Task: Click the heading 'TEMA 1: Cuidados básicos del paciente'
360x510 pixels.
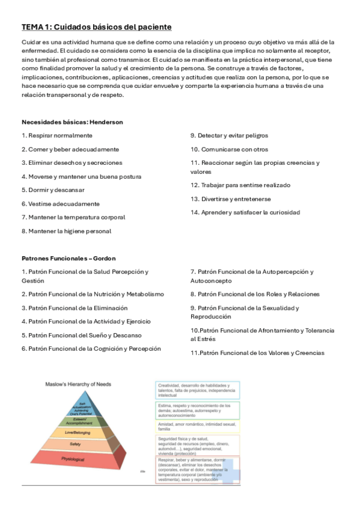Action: tap(97, 27)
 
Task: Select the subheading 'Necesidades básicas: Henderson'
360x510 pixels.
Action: tap(72, 122)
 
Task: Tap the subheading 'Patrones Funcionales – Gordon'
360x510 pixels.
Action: tap(68, 258)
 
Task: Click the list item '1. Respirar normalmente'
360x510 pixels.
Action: tap(57, 135)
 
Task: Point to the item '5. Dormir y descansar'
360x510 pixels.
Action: tap(53, 190)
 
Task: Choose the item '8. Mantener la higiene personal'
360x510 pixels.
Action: tap(66, 231)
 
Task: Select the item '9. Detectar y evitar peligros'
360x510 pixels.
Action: tap(229, 135)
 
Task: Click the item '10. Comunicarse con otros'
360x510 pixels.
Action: tap(229, 149)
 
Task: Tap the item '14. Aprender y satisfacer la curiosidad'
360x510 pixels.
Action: tap(245, 212)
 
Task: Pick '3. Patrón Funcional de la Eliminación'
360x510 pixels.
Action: tap(74, 308)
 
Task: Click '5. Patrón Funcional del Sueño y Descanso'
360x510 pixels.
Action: tap(81, 335)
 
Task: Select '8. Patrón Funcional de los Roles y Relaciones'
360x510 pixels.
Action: tap(255, 294)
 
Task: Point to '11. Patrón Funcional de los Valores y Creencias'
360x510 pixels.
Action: tap(257, 353)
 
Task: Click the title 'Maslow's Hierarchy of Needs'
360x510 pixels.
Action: tap(79, 384)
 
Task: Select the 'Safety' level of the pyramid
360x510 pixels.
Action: tap(76, 444)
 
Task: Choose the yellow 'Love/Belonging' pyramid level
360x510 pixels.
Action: tap(76, 432)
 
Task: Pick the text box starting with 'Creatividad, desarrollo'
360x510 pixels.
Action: tap(198, 390)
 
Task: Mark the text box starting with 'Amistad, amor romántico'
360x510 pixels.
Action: tap(198, 427)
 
